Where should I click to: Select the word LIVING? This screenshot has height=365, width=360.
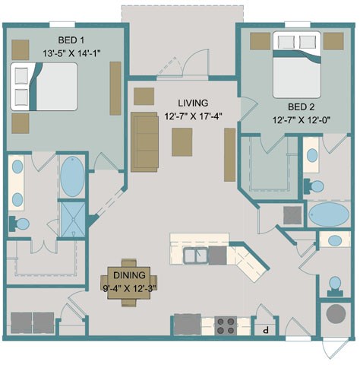pos(194,103)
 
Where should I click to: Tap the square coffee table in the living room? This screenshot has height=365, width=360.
pos(182,142)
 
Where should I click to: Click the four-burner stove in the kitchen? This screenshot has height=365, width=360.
pos(225,325)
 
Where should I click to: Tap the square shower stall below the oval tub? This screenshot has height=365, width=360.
pos(73,214)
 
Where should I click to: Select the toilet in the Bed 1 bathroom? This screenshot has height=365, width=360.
pos(20,224)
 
